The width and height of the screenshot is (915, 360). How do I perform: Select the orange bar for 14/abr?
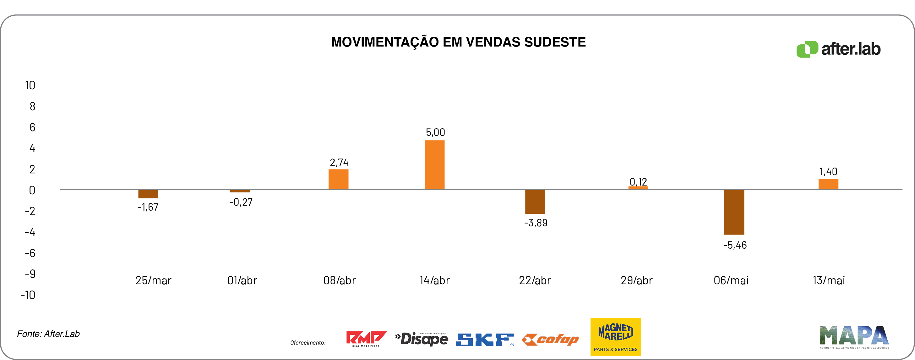point(434,164)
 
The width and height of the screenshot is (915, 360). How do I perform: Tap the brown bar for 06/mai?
point(734,212)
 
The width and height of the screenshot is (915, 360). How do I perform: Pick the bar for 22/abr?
point(535,202)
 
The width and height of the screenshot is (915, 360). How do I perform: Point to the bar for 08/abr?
point(338,179)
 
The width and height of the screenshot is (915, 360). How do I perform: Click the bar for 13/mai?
point(828,184)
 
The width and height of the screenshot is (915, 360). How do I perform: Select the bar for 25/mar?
point(148,194)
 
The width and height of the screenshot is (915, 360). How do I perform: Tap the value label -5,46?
point(735,245)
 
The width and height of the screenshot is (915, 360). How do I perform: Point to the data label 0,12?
point(638,182)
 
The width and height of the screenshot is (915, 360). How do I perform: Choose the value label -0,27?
point(241,202)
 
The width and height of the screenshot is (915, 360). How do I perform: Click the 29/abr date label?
point(636,280)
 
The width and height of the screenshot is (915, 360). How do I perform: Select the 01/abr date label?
point(242,280)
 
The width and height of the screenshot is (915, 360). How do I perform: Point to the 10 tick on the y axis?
point(30,85)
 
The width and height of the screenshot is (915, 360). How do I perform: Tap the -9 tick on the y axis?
point(30,274)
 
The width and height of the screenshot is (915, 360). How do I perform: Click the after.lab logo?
point(838,49)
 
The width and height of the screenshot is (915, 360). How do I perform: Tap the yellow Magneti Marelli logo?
point(616,336)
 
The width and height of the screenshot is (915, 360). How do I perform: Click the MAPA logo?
point(854,336)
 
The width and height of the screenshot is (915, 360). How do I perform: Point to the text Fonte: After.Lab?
point(48,334)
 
